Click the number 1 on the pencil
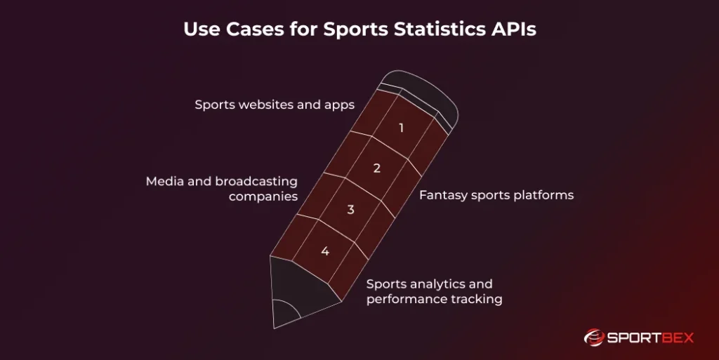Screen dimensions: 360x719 click(x=401, y=128)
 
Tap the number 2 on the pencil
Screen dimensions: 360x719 click(x=376, y=168)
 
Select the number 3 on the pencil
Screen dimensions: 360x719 click(x=351, y=209)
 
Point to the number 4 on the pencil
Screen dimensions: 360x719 click(x=325, y=251)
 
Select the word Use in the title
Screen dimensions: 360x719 click(x=199, y=31)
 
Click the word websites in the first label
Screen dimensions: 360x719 click(x=269, y=105)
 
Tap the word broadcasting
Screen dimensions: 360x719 click(x=257, y=181)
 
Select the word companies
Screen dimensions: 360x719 click(x=263, y=196)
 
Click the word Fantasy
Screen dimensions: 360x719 click(x=442, y=195)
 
